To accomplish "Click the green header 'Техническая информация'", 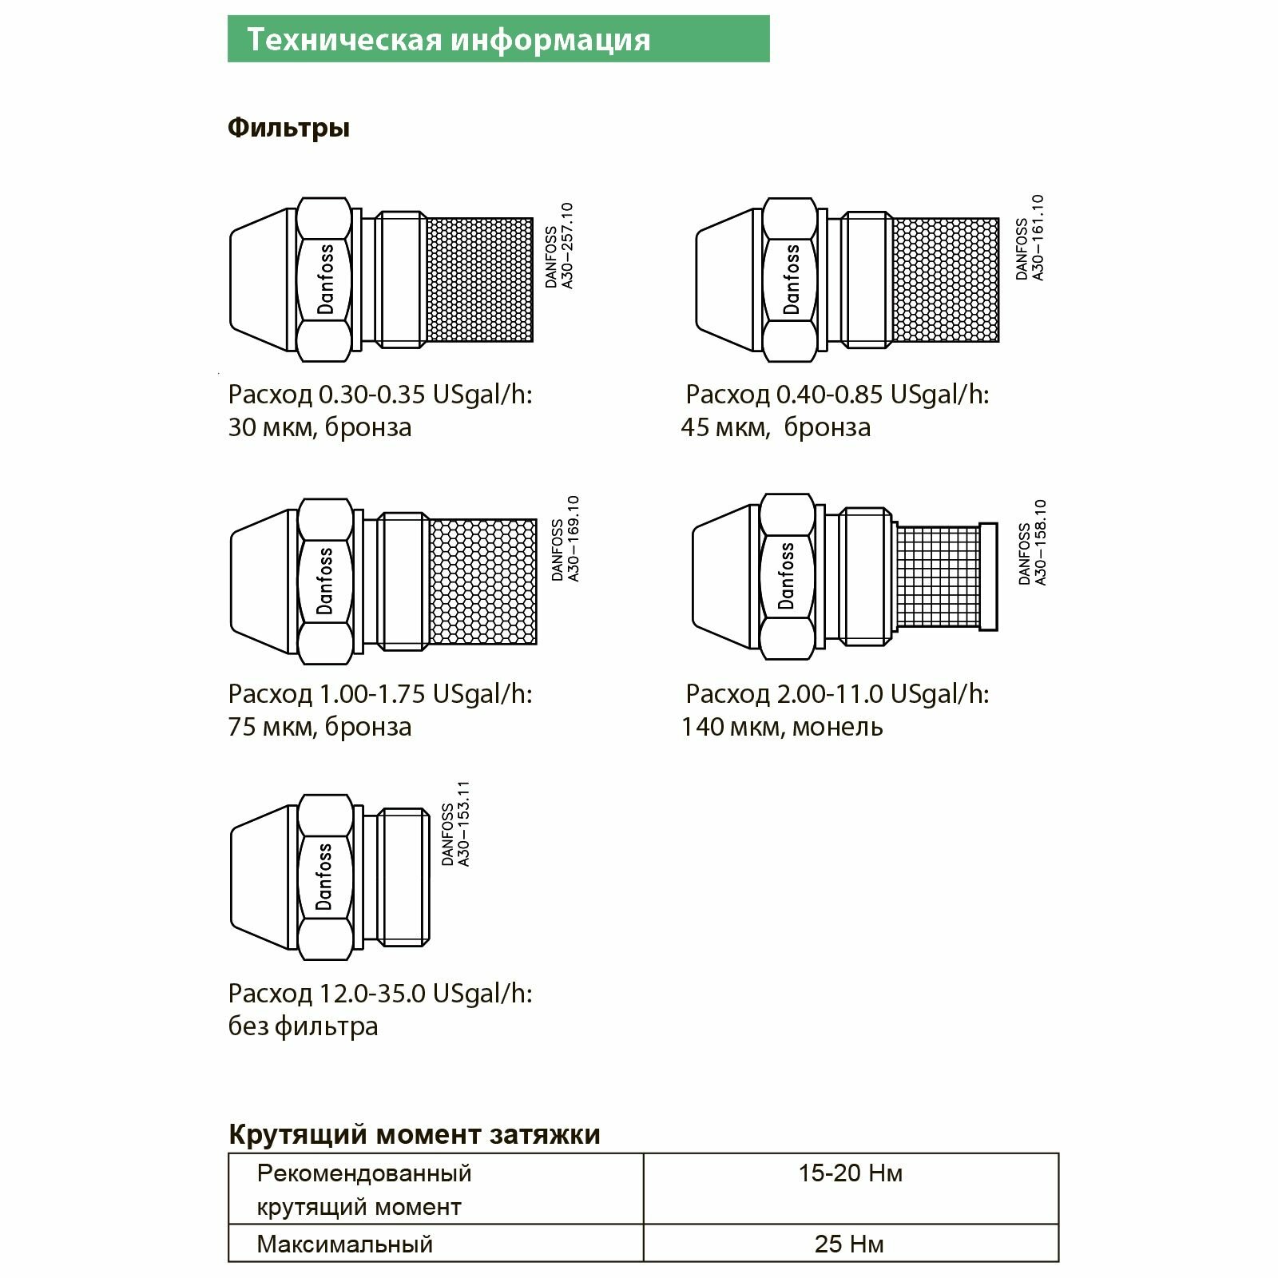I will click(x=448, y=39).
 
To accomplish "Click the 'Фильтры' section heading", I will click(x=288, y=128).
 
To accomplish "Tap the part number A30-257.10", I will click(x=567, y=245).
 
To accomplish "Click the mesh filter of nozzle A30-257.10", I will click(x=479, y=280).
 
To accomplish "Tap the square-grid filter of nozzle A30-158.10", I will click(x=938, y=575).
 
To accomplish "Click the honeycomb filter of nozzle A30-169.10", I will click(x=483, y=581).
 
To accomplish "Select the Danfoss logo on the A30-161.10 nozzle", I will click(x=791, y=280).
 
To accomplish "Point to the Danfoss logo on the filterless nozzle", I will click(x=324, y=876).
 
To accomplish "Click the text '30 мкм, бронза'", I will click(x=319, y=427).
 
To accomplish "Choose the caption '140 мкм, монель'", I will click(x=781, y=727).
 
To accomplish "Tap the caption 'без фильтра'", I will click(x=303, y=1026).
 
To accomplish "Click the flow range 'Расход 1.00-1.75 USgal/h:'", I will click(x=379, y=693).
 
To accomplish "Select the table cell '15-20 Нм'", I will click(x=850, y=1173).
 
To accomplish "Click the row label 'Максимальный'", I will click(x=344, y=1244).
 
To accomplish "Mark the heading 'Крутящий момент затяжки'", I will click(x=414, y=1134).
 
